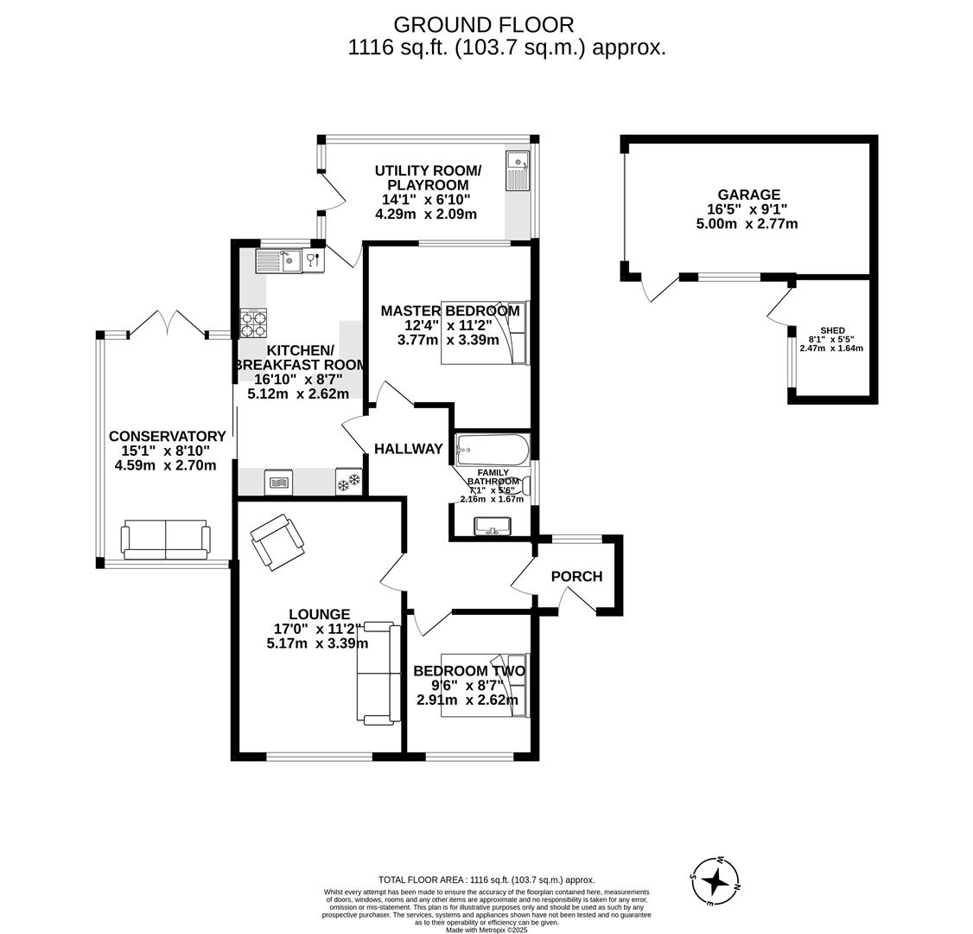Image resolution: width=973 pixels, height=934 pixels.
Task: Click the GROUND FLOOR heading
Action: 483,25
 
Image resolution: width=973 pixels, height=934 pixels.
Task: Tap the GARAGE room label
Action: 747,195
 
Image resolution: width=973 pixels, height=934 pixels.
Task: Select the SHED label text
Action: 832,330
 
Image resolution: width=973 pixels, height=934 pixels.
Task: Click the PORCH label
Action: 576,577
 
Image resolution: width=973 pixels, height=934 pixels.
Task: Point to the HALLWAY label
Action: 408,449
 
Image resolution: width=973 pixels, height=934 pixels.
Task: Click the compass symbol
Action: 715,881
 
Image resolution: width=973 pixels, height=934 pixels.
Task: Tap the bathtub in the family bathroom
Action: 493,450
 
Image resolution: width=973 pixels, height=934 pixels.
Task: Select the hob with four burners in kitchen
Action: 253,323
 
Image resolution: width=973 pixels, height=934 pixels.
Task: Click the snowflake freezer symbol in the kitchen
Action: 348,482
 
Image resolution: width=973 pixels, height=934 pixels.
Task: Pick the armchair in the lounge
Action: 277,542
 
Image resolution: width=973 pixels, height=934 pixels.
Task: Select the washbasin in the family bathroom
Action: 493,526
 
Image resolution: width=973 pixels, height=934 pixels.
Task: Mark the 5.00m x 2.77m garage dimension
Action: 747,224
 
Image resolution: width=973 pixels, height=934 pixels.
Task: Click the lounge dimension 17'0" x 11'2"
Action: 318,629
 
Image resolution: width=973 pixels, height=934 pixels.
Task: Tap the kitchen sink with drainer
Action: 279,260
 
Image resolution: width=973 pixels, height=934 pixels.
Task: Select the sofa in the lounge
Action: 378,672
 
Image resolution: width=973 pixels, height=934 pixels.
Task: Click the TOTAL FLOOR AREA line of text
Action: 487,880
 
